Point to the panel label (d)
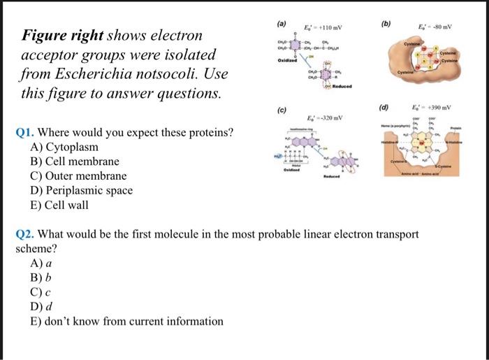coord(384,108)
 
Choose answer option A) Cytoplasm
coord(64,147)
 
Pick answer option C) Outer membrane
coord(78,175)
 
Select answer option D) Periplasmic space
coord(81,189)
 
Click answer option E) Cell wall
coord(64,204)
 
